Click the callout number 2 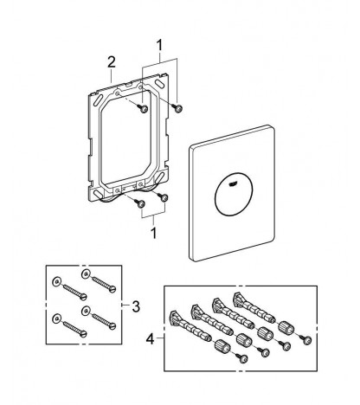tap(112, 62)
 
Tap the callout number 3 tap(136, 306)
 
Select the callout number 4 tap(150, 339)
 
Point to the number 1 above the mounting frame tap(159, 46)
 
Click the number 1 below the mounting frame tap(154, 233)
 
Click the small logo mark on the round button tap(234, 183)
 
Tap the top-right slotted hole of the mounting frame tap(158, 82)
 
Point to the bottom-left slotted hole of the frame tap(98, 193)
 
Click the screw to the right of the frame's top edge tap(177, 108)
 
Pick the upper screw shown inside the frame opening tap(143, 108)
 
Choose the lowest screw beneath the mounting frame tap(140, 204)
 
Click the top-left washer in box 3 tap(56, 282)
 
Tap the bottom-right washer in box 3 tap(86, 311)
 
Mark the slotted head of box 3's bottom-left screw tap(84, 334)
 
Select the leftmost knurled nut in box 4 tap(222, 345)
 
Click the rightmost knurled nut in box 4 tap(285, 327)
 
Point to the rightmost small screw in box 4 tap(307, 340)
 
